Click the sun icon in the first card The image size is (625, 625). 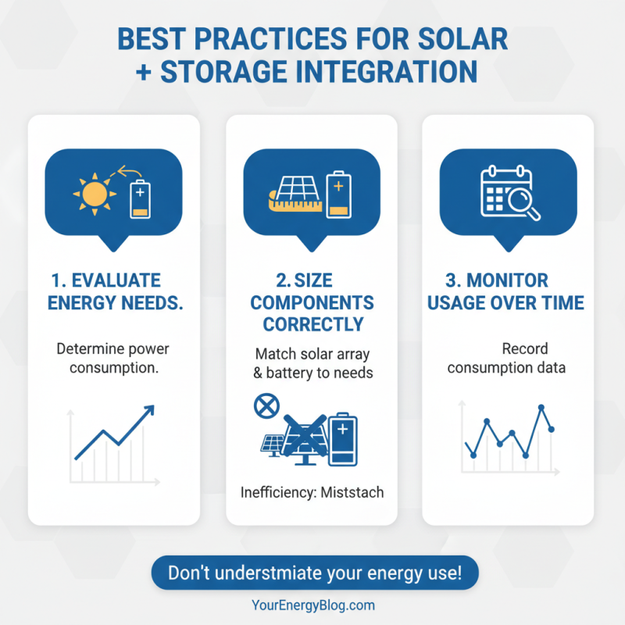94,192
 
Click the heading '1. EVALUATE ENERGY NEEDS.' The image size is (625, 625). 114,291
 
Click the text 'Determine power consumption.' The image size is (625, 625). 114,357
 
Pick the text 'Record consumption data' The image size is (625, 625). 505,357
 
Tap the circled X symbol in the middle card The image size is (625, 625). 266,406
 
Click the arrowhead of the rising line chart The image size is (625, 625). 150,409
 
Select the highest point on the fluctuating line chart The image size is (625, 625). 541,407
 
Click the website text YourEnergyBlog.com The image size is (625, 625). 313,605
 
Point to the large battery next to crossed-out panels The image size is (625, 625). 342,440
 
